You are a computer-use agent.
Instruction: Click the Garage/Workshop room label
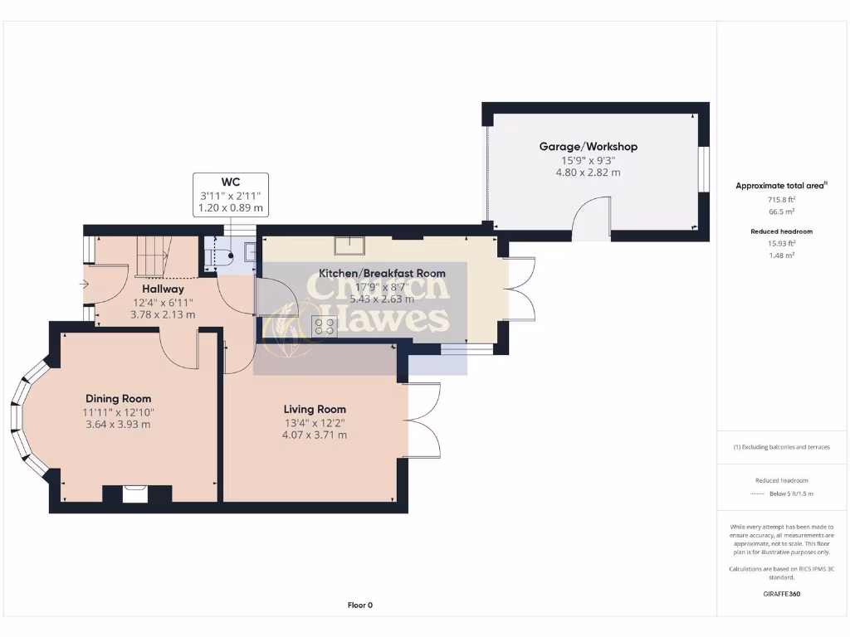(x=588, y=147)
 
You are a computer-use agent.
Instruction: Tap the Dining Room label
(x=118, y=398)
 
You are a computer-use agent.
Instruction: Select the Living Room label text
(x=315, y=409)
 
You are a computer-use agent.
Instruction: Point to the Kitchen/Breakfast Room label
(x=383, y=273)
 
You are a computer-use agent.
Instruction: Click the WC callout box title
(x=230, y=181)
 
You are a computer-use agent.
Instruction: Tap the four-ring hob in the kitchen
(x=324, y=326)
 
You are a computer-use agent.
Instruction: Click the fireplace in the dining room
(x=136, y=494)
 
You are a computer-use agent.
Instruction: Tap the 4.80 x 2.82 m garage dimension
(x=588, y=173)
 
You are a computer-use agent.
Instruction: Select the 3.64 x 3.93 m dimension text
(x=118, y=425)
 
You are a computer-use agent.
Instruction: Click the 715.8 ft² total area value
(x=780, y=200)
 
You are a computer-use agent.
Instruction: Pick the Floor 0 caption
(x=359, y=605)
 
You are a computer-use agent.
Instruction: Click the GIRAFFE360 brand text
(x=780, y=594)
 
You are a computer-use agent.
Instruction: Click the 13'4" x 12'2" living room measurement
(x=315, y=422)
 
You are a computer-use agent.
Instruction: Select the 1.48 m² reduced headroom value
(x=780, y=255)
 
